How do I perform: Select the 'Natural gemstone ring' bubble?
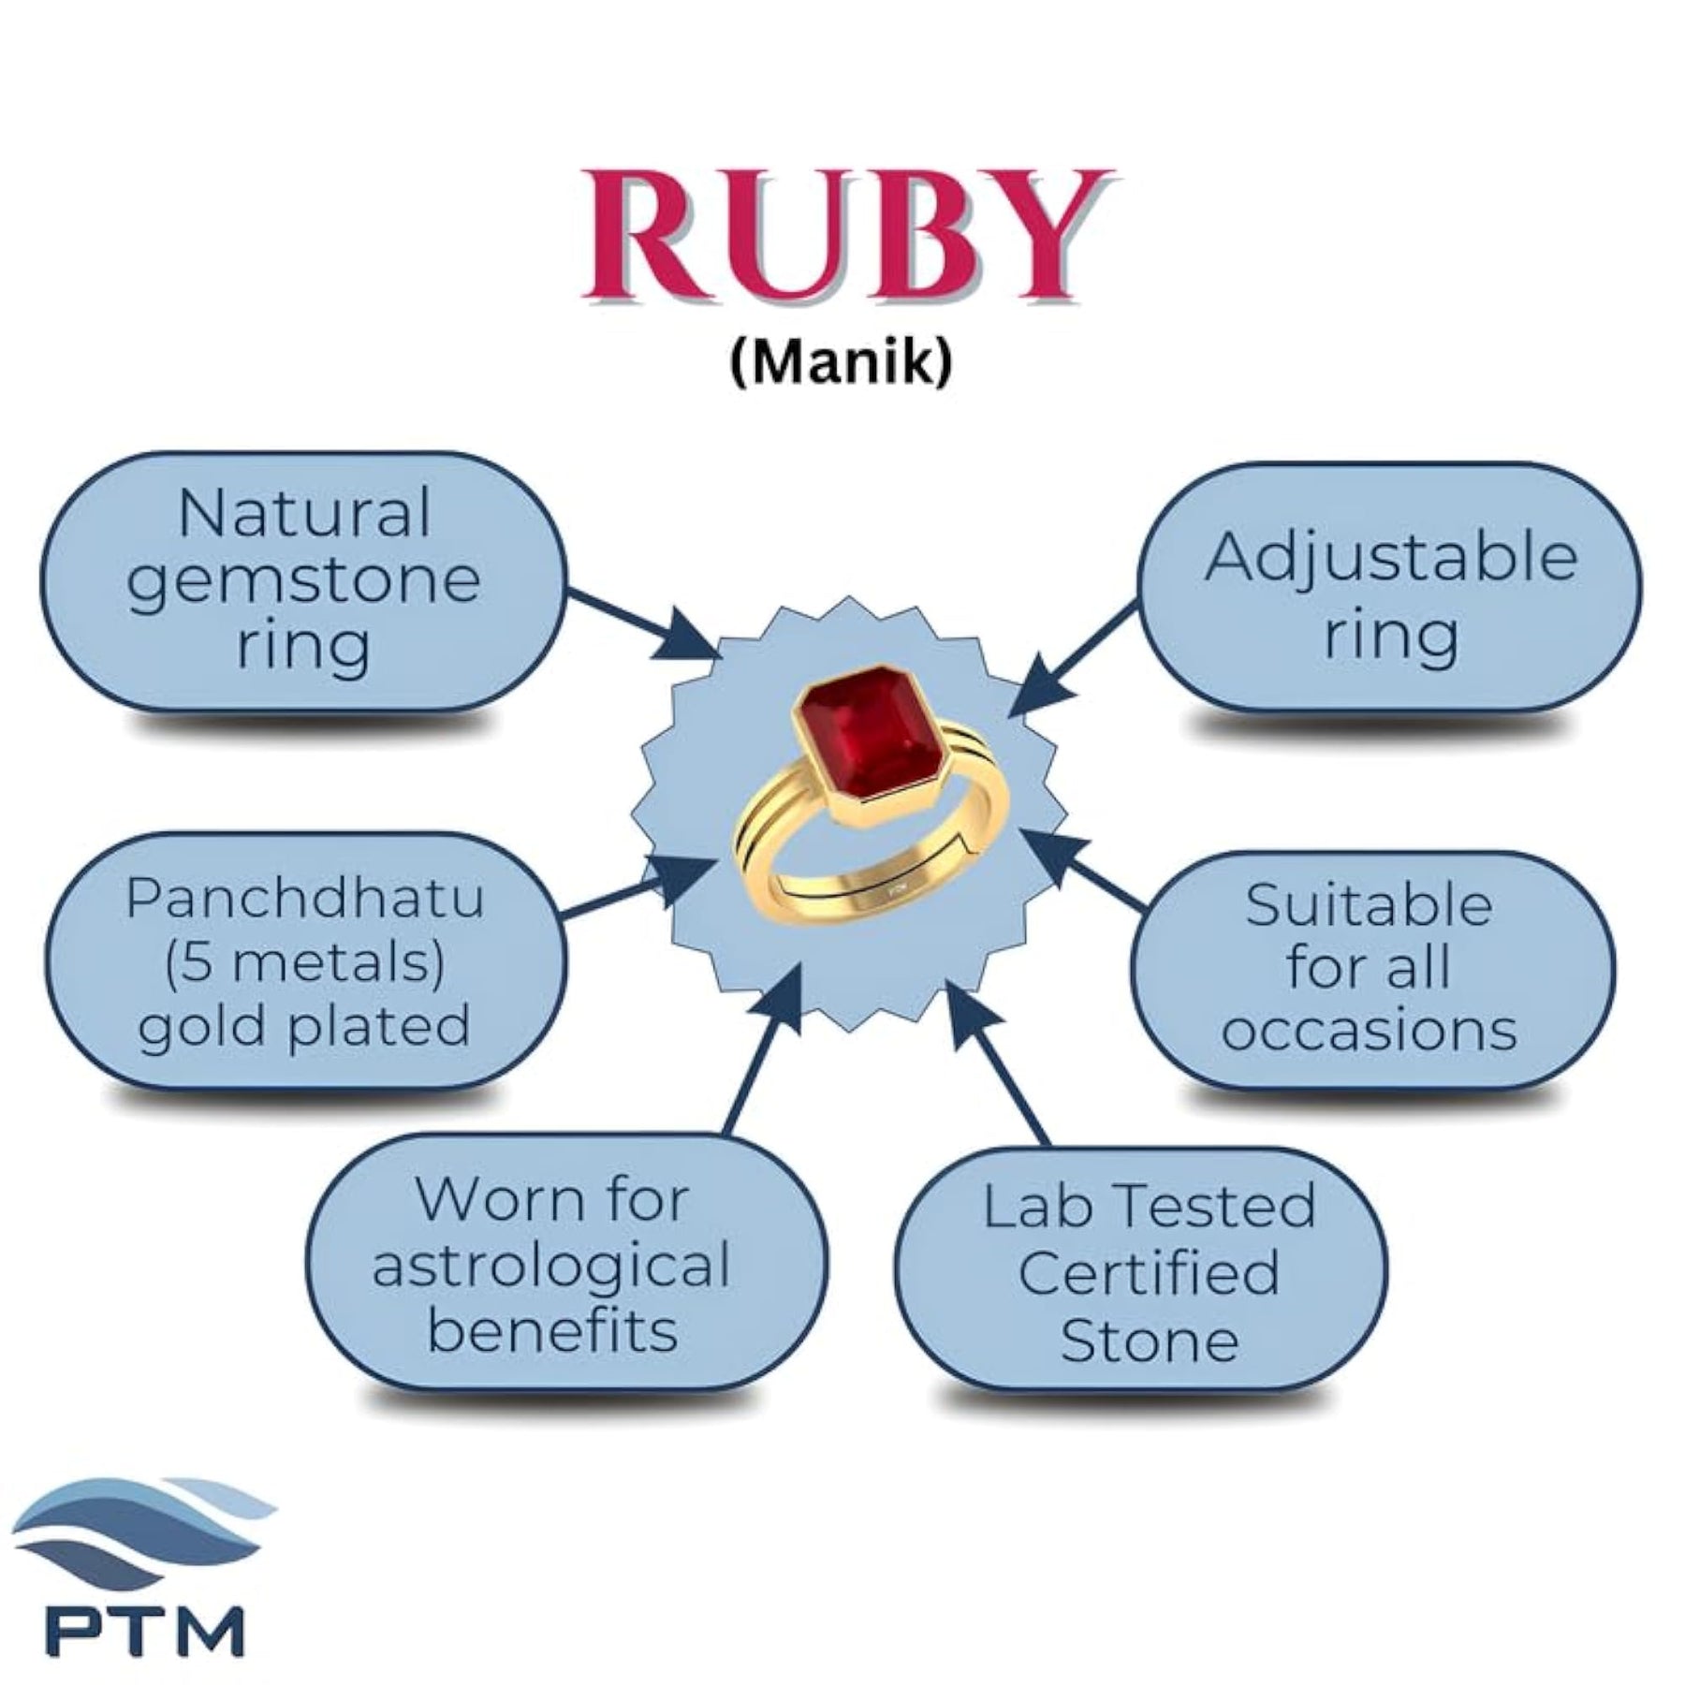[x=303, y=581]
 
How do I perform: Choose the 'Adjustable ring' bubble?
[x=1389, y=588]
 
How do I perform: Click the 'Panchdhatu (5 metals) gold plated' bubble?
[x=303, y=961]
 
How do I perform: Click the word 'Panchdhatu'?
[x=304, y=899]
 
